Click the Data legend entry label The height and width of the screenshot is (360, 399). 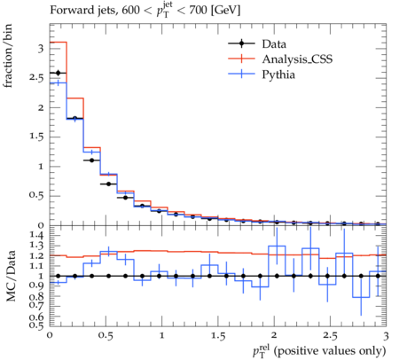tap(274, 44)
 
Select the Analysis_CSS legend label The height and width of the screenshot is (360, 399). tap(297, 59)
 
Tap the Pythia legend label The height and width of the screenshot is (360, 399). tap(278, 74)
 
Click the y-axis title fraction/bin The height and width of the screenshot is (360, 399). tap(8, 56)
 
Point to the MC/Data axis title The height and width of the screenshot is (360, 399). tap(11, 276)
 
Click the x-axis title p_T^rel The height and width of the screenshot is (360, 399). tap(319, 351)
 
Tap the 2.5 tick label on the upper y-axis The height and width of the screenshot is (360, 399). tap(36, 78)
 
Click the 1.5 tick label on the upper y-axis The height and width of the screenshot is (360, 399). tap(36, 137)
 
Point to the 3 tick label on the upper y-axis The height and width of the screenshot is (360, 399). tap(41, 49)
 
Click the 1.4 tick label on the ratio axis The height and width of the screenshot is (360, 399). tap(36, 235)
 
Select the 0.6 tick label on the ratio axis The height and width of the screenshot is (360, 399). tap(36, 317)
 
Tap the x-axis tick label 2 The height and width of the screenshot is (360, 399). tap(274, 335)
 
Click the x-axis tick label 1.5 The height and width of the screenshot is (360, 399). tap(218, 336)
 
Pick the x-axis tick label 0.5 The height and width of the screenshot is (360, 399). tap(106, 336)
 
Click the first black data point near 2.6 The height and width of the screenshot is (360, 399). tap(58, 73)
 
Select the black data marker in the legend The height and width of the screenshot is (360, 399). tap(241, 43)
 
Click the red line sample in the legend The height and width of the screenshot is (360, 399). tap(241, 59)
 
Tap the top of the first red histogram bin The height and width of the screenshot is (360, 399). tap(59, 42)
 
